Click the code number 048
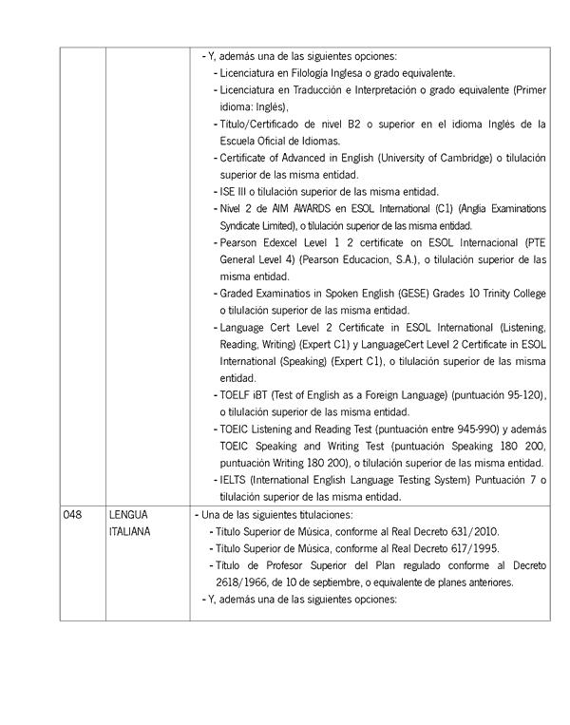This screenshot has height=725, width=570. click(x=72, y=514)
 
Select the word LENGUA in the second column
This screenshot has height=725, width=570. click(x=126, y=514)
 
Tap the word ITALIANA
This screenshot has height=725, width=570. click(x=129, y=531)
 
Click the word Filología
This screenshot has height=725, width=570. click(x=328, y=72)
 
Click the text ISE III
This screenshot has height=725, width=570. click(x=231, y=191)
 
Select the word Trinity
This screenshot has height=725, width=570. click(x=490, y=294)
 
